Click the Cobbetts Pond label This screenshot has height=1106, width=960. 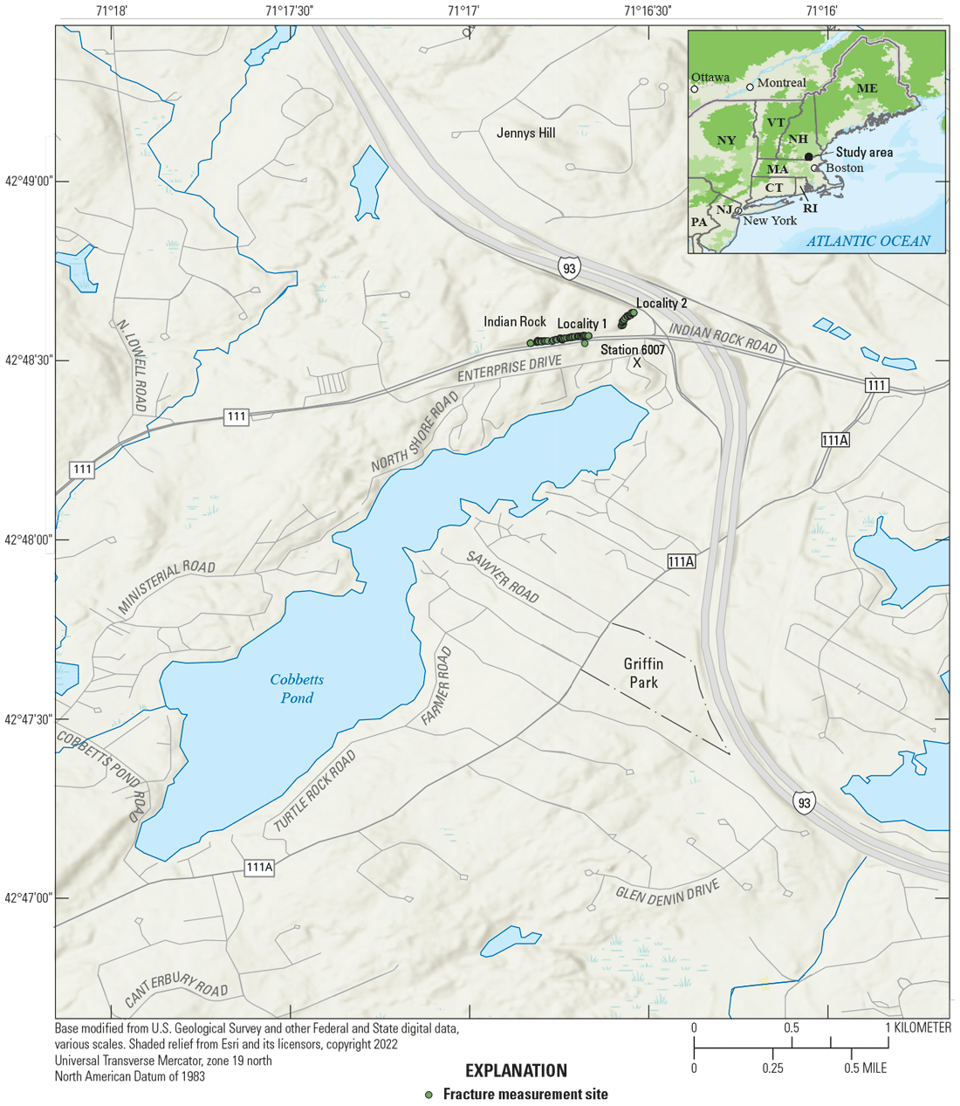[x=297, y=689]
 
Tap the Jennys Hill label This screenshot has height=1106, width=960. [x=525, y=133]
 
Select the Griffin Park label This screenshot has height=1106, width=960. [x=643, y=673]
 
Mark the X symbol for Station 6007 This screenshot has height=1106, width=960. [x=637, y=362]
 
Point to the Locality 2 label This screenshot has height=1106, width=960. [x=662, y=303]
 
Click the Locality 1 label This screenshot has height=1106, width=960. [x=582, y=323]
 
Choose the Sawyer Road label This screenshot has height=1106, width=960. [x=502, y=576]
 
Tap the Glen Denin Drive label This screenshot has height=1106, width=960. [x=668, y=890]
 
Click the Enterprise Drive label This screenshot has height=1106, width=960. [x=511, y=369]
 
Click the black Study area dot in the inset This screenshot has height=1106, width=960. [x=809, y=156]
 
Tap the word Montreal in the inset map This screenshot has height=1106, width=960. [x=781, y=83]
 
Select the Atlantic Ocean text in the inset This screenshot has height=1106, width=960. [x=867, y=241]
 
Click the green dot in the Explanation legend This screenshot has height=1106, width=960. [x=428, y=1095]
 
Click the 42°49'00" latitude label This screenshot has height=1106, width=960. [x=29, y=182]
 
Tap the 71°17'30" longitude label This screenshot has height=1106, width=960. [x=289, y=10]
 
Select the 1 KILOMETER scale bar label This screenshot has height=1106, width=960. [x=919, y=1027]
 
